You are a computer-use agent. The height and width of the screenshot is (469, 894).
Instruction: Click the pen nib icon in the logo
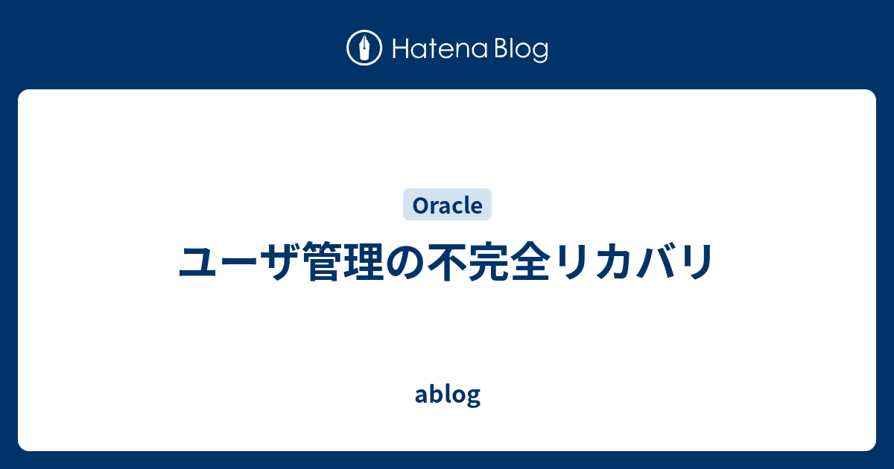[x=364, y=49]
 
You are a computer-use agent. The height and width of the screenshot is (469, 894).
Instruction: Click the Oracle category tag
[x=447, y=205]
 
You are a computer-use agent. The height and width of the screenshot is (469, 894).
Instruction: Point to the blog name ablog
[x=447, y=395]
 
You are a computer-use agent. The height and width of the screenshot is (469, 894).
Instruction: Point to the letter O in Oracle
[x=417, y=205]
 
